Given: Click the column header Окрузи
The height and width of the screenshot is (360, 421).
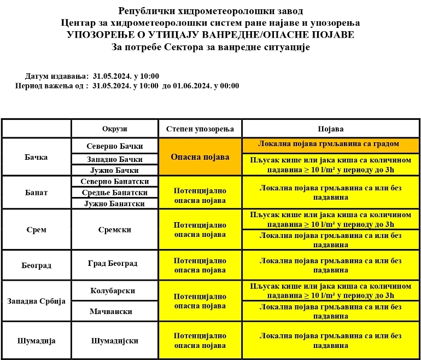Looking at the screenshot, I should tap(114, 129).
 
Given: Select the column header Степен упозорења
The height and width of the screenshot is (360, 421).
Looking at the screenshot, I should tap(200, 129).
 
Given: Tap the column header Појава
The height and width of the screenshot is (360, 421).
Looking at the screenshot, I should tap(331, 129).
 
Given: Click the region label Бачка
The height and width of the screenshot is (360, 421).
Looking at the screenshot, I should tap(36, 157).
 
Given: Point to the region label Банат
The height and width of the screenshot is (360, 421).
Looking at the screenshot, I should tap(36, 193).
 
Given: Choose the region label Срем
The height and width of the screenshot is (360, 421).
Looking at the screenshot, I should tap(36, 230).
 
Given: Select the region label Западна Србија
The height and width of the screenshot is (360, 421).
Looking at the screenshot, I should tap(36, 301).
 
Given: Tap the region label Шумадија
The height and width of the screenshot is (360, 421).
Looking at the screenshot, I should tap(36, 341).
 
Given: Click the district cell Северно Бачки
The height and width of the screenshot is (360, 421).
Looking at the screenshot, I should tap(115, 146).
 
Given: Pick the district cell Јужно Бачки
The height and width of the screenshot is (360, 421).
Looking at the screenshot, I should tap(115, 170).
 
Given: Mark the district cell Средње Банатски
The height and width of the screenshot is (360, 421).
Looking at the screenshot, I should tap(115, 193).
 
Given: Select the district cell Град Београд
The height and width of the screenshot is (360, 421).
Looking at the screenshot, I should tap(115, 264).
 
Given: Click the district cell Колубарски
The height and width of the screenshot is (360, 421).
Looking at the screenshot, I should tap(115, 291).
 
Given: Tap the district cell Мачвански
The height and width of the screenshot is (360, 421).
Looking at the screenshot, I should tap(115, 311).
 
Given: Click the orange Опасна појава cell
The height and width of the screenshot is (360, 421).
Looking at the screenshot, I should tap(200, 156).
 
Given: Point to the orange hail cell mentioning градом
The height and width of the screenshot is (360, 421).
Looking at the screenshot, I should tap(331, 144).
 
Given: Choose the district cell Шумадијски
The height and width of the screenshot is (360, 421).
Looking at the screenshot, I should tap(115, 341).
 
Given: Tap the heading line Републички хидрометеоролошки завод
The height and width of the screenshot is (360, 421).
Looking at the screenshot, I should tap(210, 11).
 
